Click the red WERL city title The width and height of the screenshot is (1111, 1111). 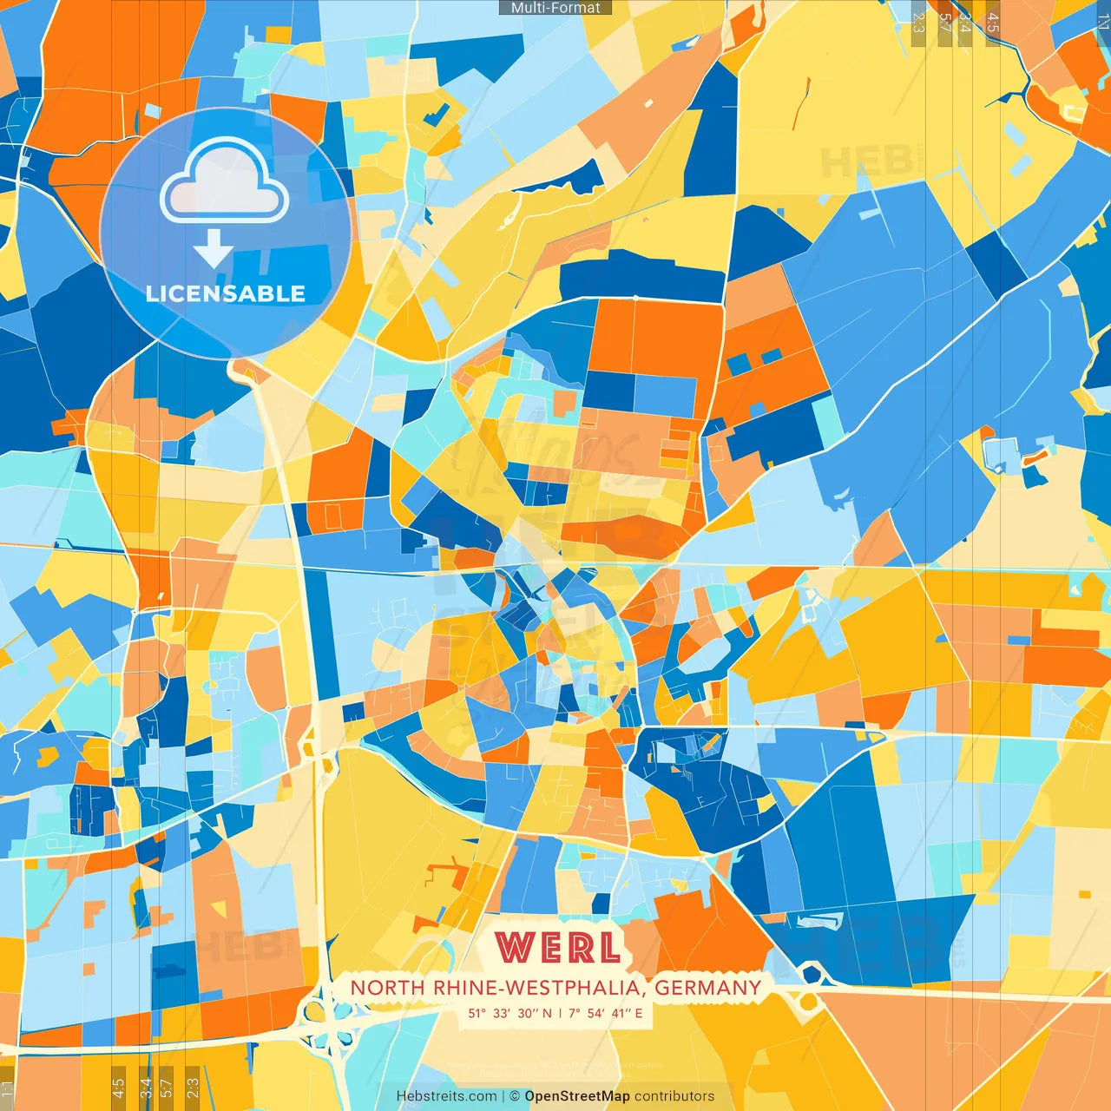pyautogui.click(x=558, y=948)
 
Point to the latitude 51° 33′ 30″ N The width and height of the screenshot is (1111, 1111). pyautogui.click(x=509, y=1013)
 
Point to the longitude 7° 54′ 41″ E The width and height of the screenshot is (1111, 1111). pyautogui.click(x=606, y=1013)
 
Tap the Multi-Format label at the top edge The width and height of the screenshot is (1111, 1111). pyautogui.click(x=555, y=8)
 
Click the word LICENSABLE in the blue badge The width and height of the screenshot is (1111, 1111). pyautogui.click(x=226, y=293)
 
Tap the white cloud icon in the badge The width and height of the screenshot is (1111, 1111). pyautogui.click(x=225, y=181)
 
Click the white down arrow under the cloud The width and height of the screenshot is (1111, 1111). pyautogui.click(x=214, y=249)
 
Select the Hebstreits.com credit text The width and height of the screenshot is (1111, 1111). pyautogui.click(x=446, y=1096)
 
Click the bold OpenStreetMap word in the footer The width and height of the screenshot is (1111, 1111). pyautogui.click(x=576, y=1096)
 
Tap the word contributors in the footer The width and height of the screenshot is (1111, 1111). pyautogui.click(x=674, y=1096)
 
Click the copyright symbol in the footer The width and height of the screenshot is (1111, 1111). pyautogui.click(x=515, y=1096)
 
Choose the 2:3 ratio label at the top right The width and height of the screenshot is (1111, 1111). pyautogui.click(x=918, y=23)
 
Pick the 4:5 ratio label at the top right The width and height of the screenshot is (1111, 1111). pyautogui.click(x=993, y=23)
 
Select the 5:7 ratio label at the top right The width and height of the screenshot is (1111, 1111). pyautogui.click(x=944, y=23)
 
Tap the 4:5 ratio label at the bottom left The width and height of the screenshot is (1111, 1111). pyautogui.click(x=118, y=1087)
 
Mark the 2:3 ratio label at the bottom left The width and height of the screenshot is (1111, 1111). pyautogui.click(x=193, y=1087)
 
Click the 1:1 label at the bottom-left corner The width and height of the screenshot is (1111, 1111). pyautogui.click(x=8, y=1088)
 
